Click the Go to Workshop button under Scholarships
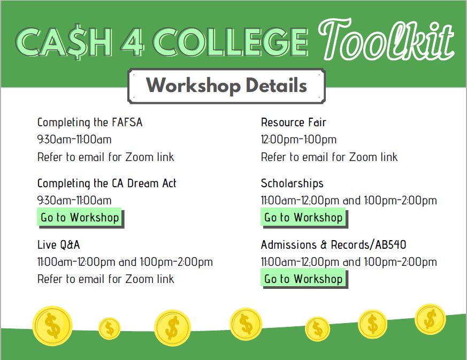[304, 217]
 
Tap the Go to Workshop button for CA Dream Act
[80, 217]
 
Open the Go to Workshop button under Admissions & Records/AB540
[304, 278]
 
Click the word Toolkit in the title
[386, 39]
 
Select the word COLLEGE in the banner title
[230, 42]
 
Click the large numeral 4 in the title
[132, 42]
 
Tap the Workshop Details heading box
[226, 86]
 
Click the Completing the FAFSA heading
[90, 122]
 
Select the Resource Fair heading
[293, 122]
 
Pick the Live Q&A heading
[59, 245]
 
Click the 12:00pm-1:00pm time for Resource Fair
[298, 140]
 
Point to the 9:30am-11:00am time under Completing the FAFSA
[74, 140]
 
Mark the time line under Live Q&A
[125, 262]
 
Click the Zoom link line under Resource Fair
[329, 157]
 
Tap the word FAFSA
[127, 122]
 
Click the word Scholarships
[292, 183]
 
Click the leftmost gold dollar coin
[52, 326]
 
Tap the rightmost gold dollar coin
[430, 319]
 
